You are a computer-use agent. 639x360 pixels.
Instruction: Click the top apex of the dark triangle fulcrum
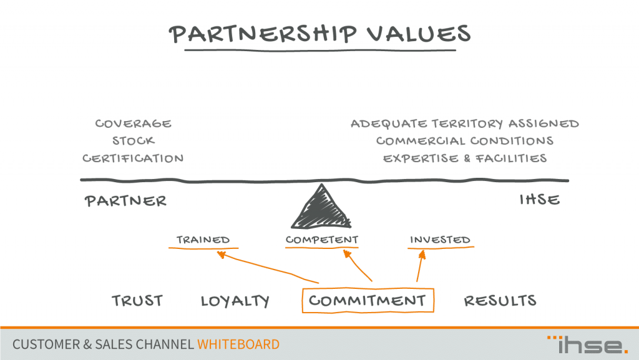[x=322, y=184]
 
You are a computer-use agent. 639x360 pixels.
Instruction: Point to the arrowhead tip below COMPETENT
[x=344, y=250]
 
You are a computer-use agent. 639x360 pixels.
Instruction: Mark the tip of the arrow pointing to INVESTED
[x=423, y=250]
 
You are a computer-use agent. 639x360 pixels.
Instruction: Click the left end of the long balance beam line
[x=80, y=180]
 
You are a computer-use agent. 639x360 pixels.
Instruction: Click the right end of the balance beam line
[x=568, y=180]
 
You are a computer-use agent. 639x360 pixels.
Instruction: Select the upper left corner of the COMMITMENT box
[x=303, y=289]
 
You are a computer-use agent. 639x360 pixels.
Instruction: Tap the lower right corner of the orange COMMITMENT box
[x=434, y=312]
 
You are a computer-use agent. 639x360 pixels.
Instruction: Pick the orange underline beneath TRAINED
[x=203, y=248]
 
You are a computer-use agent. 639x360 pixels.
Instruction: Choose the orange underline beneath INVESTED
[x=441, y=247]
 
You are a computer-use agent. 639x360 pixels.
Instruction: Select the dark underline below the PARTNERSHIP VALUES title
[x=320, y=51]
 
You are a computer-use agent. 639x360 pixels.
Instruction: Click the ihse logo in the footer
[x=588, y=344]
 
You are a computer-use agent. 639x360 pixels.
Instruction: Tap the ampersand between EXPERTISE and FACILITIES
[x=467, y=158]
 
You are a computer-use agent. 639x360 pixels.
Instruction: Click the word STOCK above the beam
[x=134, y=141]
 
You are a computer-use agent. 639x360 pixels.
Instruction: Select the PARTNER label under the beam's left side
[x=125, y=201]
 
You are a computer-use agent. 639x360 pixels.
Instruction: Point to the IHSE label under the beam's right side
[x=540, y=200]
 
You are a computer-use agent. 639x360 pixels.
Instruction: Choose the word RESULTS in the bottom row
[x=500, y=301]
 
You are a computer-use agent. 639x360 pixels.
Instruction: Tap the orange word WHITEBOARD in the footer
[x=238, y=344]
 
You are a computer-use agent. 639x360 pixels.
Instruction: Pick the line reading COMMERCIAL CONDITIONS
[x=464, y=141]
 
